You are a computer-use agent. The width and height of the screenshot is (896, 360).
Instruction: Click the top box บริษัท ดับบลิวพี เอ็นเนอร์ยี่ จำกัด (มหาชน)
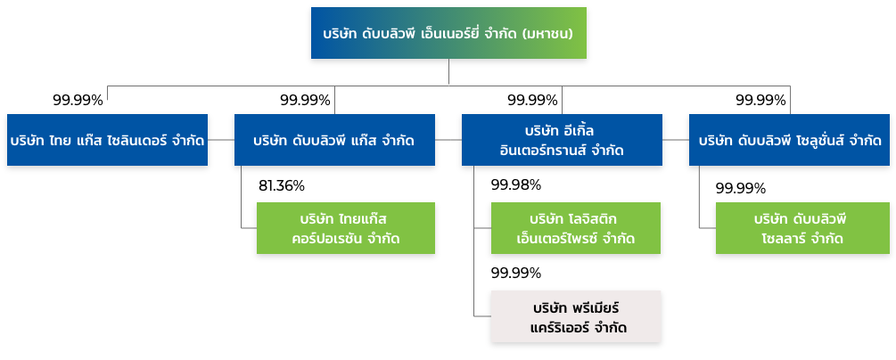tap(448, 33)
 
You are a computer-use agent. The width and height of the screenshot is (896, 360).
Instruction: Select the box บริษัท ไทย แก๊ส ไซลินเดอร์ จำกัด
tap(107, 140)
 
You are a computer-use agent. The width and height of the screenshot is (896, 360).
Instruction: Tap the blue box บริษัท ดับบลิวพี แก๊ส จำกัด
tap(334, 140)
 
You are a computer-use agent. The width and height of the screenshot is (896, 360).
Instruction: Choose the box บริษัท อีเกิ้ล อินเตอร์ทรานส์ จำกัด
tap(562, 140)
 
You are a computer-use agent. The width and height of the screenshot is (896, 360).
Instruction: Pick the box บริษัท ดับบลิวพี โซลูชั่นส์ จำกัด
tap(790, 140)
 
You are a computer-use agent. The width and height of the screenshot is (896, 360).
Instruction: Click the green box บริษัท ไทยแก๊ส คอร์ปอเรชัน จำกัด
tap(346, 228)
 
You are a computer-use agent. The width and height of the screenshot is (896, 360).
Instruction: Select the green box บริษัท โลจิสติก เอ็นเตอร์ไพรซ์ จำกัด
tap(576, 228)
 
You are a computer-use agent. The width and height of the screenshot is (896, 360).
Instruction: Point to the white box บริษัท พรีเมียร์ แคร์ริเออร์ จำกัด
tap(576, 316)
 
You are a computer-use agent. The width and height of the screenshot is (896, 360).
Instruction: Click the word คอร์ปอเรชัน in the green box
tap(325, 239)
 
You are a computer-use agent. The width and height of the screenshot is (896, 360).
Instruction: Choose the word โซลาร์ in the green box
tap(783, 239)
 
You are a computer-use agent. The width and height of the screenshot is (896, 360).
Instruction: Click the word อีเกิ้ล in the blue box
tap(580, 130)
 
